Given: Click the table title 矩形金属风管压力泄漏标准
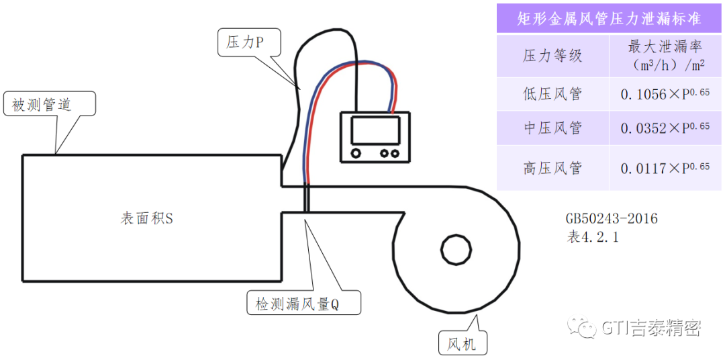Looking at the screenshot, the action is point(610,19).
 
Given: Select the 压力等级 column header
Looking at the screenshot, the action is point(552,56).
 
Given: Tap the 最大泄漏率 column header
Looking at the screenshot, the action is point(666,56).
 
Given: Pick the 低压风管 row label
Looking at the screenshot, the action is point(552,94).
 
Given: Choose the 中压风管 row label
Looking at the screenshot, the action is point(552,128).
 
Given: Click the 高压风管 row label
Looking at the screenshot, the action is point(552,167).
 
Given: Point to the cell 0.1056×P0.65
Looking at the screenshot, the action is point(666,94).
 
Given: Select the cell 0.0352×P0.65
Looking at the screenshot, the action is point(666,128).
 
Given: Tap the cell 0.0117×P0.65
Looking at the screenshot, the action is point(666,168).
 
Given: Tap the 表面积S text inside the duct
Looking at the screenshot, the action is point(146,218).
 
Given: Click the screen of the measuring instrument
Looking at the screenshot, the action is point(375,130).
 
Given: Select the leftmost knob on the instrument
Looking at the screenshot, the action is point(356,153).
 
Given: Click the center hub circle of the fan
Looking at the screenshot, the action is point(456,251).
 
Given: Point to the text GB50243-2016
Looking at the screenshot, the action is point(612,218).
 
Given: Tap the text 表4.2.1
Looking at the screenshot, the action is point(592,237).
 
